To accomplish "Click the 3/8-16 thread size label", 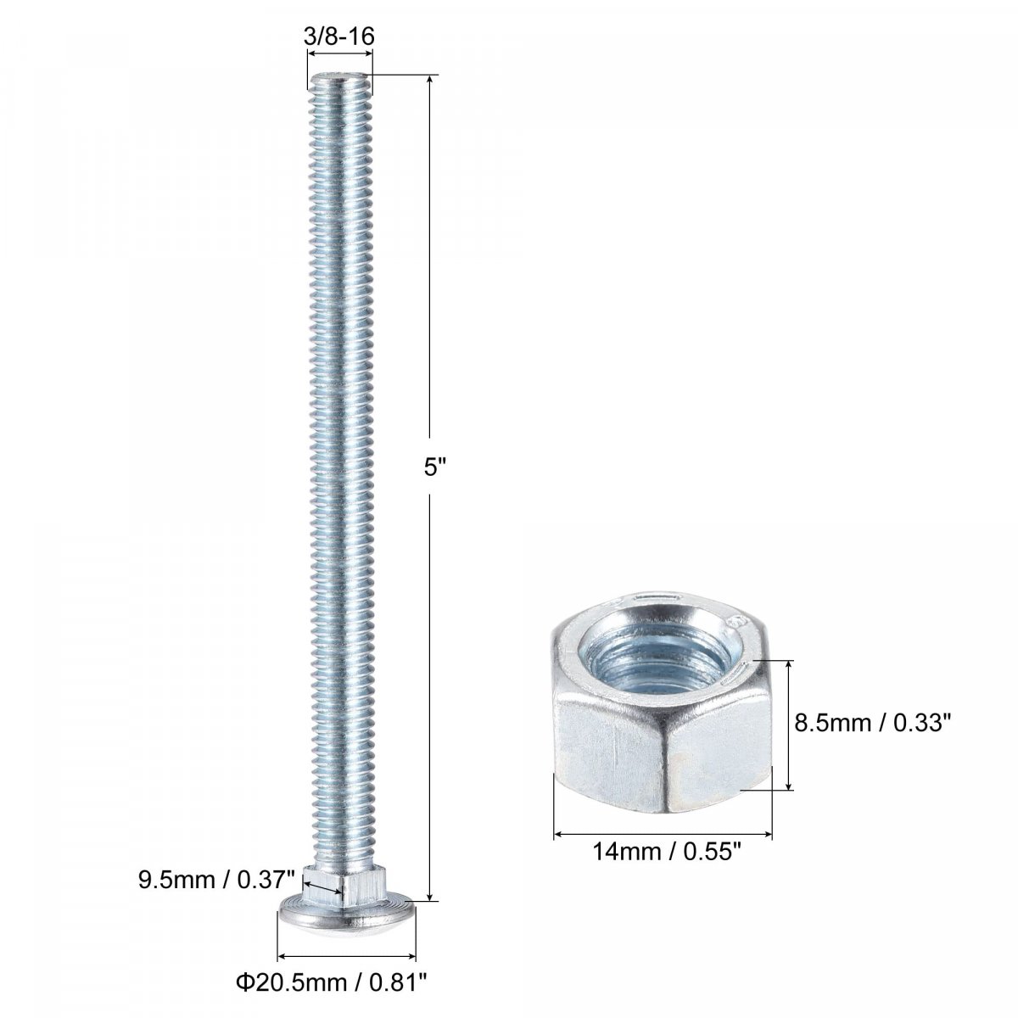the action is click(x=339, y=36).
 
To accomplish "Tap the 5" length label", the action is click(x=435, y=467).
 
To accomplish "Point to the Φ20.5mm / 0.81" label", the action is click(x=331, y=982).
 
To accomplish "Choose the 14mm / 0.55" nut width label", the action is click(x=668, y=852).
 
